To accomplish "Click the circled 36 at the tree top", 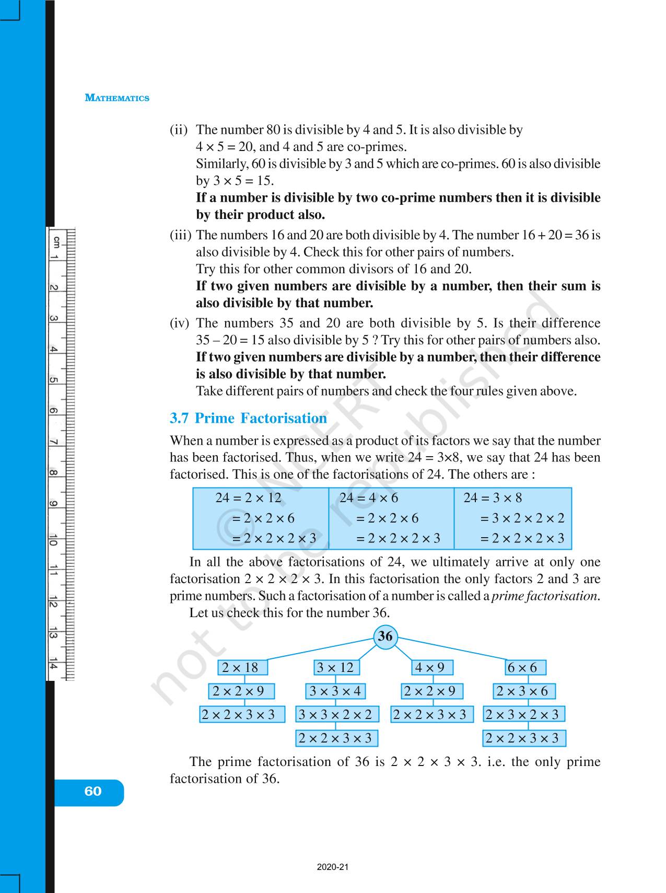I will (x=385, y=636).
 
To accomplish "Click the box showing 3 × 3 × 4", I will (x=335, y=691).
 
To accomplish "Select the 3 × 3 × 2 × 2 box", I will (x=335, y=714).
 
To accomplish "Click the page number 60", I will (x=92, y=791).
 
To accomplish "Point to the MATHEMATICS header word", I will (x=117, y=98).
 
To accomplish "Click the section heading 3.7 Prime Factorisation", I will (x=248, y=418).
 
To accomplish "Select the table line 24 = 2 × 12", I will (x=248, y=498).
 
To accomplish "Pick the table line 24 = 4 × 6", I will (x=368, y=498).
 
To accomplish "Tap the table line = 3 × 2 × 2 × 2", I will (x=522, y=518).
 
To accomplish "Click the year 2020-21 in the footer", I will (x=332, y=867).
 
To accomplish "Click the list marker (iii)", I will (x=181, y=235).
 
